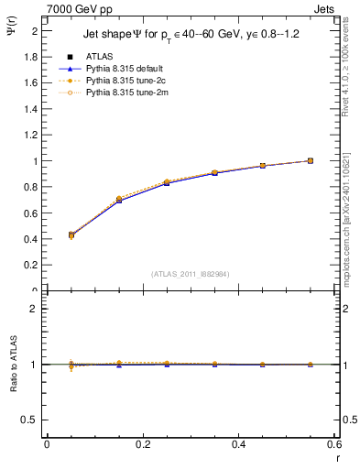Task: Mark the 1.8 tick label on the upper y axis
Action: pos(30,56)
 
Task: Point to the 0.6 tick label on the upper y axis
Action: pos(30,213)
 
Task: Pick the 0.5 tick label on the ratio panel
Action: pos(30,420)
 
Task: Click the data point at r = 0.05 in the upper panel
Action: pos(46,235)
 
